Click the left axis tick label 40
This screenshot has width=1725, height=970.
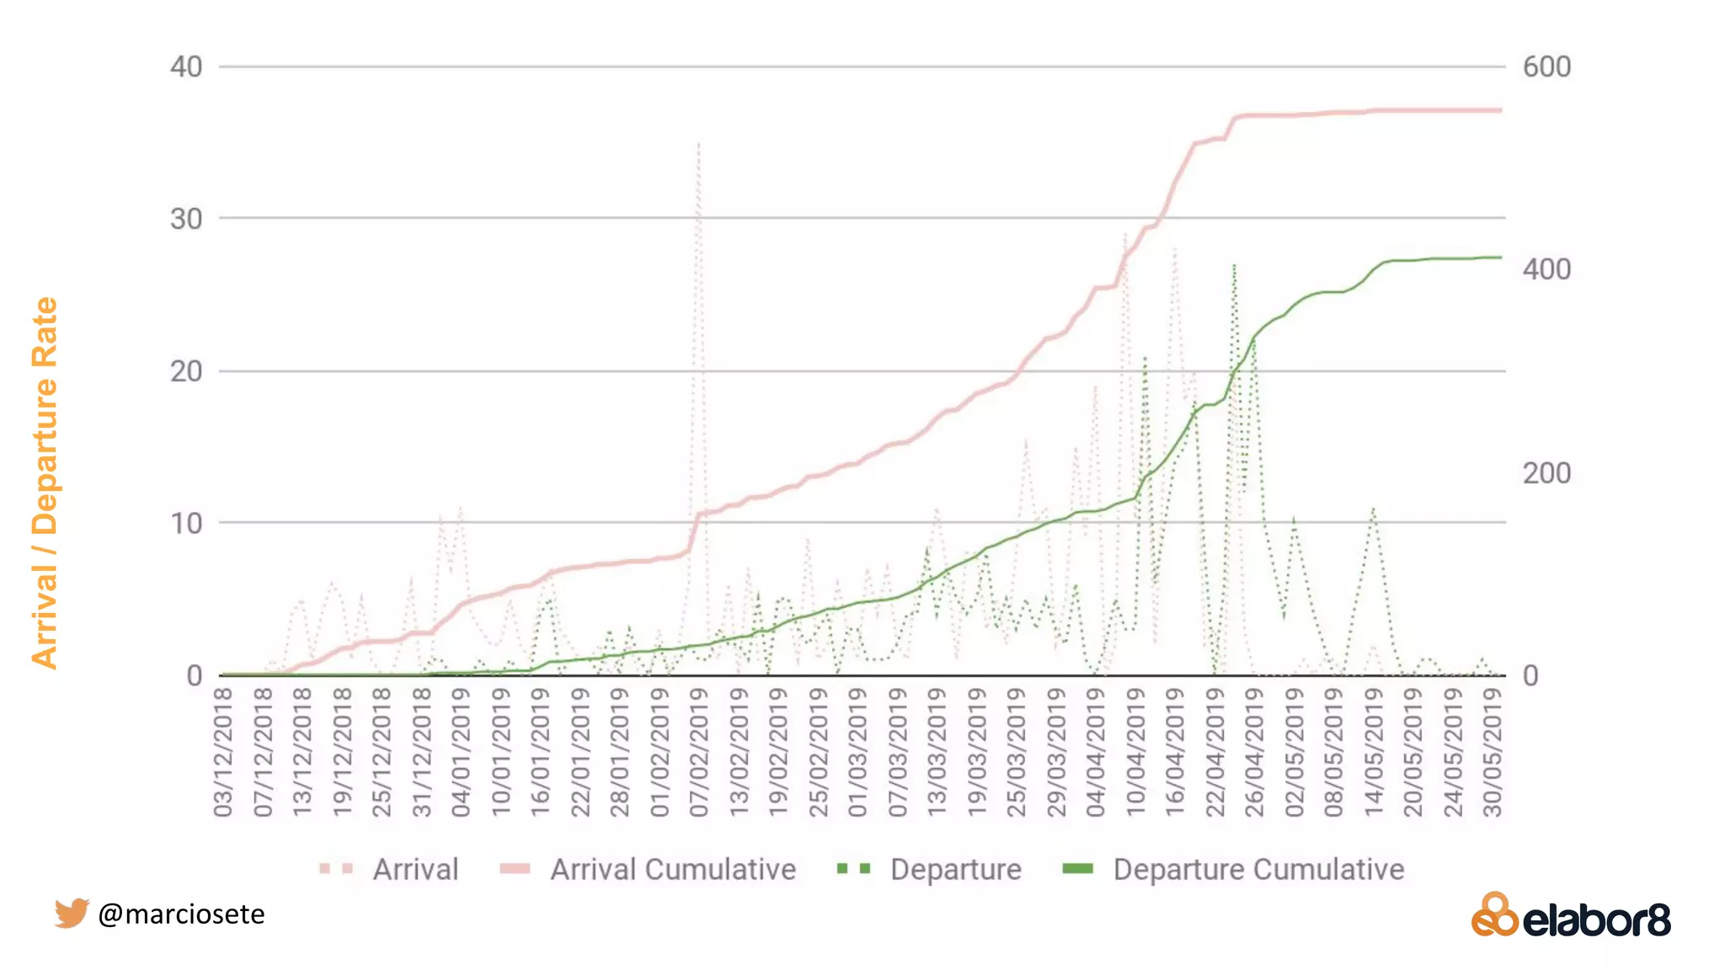click(186, 67)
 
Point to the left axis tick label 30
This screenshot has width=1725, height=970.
click(186, 219)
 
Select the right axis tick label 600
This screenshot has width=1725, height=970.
click(1546, 67)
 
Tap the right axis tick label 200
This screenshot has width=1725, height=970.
click(1546, 473)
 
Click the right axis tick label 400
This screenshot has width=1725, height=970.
click(1546, 269)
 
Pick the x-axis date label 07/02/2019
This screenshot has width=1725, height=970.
click(699, 752)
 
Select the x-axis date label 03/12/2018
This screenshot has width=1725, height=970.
click(223, 752)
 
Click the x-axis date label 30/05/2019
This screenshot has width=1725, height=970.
click(1493, 752)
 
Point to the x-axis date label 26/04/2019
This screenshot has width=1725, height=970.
click(1254, 752)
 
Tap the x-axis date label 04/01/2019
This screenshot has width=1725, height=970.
click(461, 752)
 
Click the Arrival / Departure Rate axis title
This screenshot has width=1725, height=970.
click(45, 483)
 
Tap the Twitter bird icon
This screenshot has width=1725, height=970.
click(72, 913)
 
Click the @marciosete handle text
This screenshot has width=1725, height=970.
click(181, 914)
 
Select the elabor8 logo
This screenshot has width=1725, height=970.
click(1571, 916)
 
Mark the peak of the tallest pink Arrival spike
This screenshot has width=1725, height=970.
click(698, 145)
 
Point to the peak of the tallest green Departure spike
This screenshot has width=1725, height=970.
click(1234, 266)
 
